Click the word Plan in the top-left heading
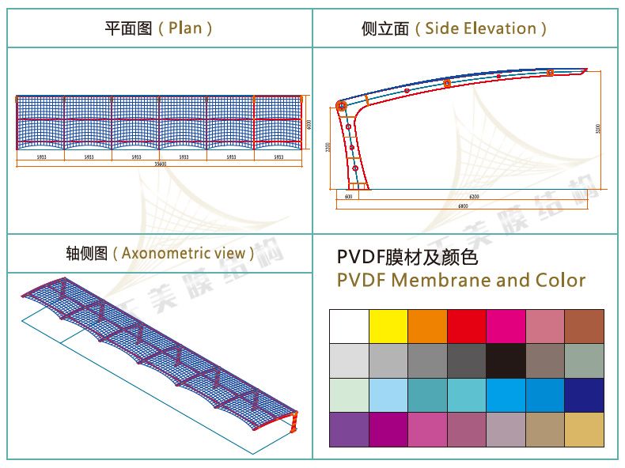pyautogui.click(x=185, y=28)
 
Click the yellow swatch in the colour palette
pyautogui.click(x=388, y=326)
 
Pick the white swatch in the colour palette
pyautogui.click(x=348, y=326)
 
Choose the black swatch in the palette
pyautogui.click(x=506, y=360)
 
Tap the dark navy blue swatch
pyautogui.click(x=584, y=394)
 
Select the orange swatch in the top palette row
pyautogui.click(x=427, y=326)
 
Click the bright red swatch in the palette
pyautogui.click(x=466, y=326)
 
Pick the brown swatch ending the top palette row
pyautogui.click(x=584, y=326)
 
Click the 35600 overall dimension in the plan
pyautogui.click(x=160, y=164)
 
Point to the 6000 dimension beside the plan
pyautogui.click(x=309, y=124)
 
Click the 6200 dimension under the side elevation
pyautogui.click(x=474, y=196)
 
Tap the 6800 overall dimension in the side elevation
pyautogui.click(x=463, y=206)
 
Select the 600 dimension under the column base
pyautogui.click(x=349, y=196)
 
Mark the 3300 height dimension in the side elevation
pyautogui.click(x=598, y=128)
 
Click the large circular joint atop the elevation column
pyautogui.click(x=342, y=105)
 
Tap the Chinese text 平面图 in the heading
pyautogui.click(x=127, y=28)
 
